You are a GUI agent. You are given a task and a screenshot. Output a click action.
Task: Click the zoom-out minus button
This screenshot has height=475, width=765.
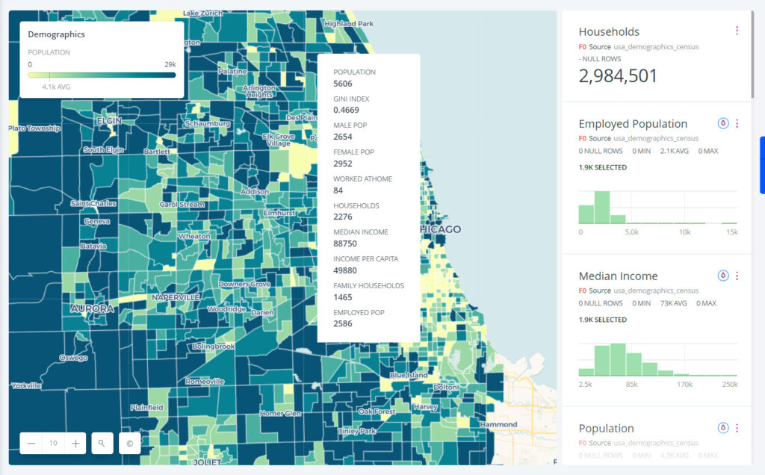coord(31,443)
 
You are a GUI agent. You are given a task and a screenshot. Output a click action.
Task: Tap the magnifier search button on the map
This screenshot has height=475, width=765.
coord(102,443)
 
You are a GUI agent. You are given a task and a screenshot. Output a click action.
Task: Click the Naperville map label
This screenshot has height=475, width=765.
coord(176,297)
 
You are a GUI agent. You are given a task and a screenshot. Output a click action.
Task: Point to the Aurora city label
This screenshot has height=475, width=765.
coord(92,308)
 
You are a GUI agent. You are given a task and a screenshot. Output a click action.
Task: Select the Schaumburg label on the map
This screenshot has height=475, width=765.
coord(208,123)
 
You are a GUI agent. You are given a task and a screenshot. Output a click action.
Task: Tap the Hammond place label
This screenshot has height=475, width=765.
coord(498,424)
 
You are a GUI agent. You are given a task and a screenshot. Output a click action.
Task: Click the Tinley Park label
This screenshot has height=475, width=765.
coord(358,431)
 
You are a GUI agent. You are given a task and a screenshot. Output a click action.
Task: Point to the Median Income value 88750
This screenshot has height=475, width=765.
coord(345,243)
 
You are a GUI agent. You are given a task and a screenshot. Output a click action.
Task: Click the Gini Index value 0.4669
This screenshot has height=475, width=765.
coord(345,111)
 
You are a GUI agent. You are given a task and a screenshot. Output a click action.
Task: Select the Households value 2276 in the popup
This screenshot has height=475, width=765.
coord(342,217)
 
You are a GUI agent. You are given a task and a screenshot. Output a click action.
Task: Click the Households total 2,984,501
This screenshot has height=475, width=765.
coord(618,75)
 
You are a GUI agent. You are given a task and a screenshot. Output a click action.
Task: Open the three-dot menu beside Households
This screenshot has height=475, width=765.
coord(737,31)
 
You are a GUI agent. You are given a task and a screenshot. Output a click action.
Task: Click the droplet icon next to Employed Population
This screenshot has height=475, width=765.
coord(722,123)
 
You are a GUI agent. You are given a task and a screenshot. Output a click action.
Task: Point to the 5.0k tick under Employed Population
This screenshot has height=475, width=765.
coord(631,232)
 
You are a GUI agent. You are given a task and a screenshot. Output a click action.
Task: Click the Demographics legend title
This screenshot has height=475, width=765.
coord(57,34)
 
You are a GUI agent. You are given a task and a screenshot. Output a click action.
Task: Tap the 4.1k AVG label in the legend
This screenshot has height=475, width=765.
coord(56,87)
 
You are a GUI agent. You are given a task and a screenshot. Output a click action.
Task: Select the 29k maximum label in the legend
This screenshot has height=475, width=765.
coord(170,64)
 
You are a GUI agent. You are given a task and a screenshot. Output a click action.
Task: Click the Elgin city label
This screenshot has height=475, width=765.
coord(109,120)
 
